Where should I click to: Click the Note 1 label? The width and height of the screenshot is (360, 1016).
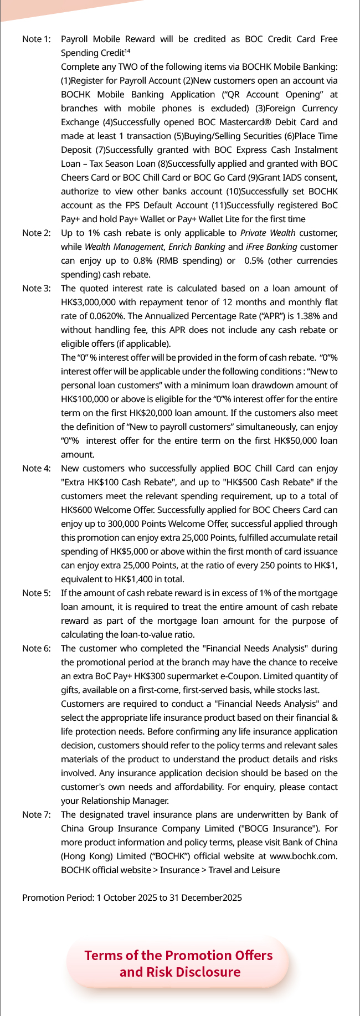tap(37, 39)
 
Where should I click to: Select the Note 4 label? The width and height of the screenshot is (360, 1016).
tap(37, 469)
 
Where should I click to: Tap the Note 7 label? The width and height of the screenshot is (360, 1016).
tap(37, 815)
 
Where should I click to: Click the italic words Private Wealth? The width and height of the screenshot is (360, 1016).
tap(268, 233)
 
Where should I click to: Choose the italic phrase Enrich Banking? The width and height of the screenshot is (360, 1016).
tap(197, 247)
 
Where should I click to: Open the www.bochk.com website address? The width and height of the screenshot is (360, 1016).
tap(304, 856)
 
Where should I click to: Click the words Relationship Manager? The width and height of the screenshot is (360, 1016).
tap(125, 801)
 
